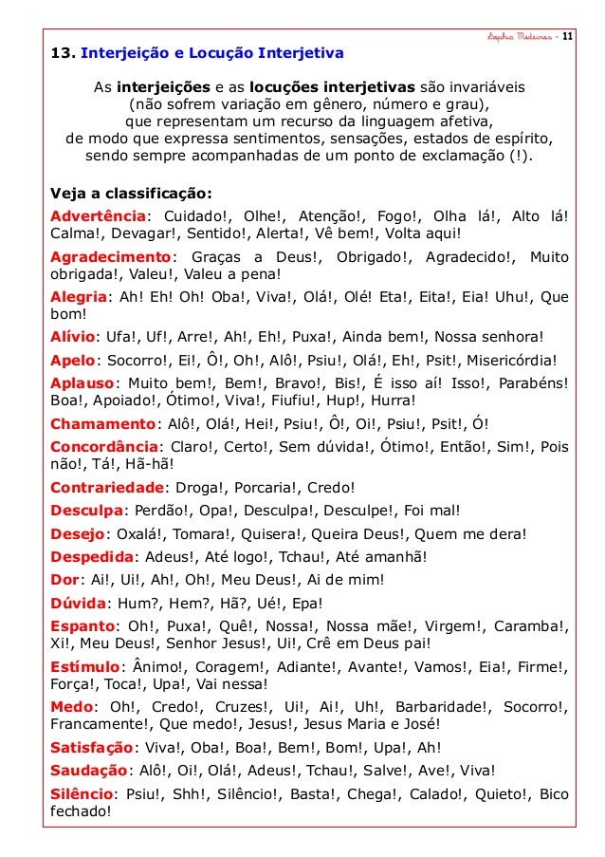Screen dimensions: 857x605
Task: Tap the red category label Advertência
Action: point(99,214)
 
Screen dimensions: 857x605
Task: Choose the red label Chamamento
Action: point(102,424)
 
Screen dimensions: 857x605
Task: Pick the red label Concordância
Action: point(103,447)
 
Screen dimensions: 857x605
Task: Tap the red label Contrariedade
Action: point(106,489)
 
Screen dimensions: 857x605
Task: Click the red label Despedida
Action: point(91,556)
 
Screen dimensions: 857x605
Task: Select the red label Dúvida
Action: point(78,603)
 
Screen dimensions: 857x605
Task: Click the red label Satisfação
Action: point(91,748)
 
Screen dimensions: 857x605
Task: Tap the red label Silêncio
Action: point(82,793)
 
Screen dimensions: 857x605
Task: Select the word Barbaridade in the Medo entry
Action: point(437,707)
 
